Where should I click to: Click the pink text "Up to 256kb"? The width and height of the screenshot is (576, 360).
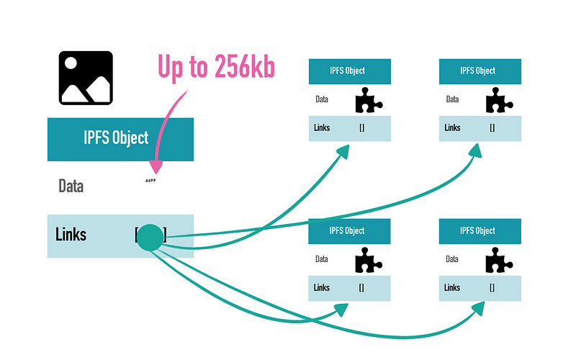[x=217, y=67]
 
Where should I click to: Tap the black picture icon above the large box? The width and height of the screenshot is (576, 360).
[x=86, y=78]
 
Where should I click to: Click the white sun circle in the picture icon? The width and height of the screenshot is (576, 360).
[x=71, y=63]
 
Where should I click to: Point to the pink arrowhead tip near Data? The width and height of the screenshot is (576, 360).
[x=156, y=174]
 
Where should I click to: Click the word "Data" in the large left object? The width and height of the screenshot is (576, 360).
[x=71, y=186]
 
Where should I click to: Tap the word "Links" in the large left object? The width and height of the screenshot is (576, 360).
[x=71, y=235]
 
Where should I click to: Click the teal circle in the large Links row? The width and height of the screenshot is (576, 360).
[x=150, y=238]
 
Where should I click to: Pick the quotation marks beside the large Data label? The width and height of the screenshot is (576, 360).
[x=150, y=181]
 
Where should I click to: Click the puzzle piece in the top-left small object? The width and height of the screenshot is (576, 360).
[x=368, y=100]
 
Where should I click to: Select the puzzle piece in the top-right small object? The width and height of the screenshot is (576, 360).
[x=498, y=100]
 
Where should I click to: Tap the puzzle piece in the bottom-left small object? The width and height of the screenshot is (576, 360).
[x=368, y=260]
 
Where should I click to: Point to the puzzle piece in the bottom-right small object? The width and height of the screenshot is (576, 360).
[x=498, y=260]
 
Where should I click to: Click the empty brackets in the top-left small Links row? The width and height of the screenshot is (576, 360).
[x=362, y=128]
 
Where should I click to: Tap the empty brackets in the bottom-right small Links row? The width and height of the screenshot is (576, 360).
[x=492, y=287]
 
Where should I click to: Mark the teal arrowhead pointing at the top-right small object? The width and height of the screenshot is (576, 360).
[x=477, y=150]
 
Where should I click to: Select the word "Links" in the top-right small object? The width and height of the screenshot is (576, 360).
[x=452, y=127]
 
